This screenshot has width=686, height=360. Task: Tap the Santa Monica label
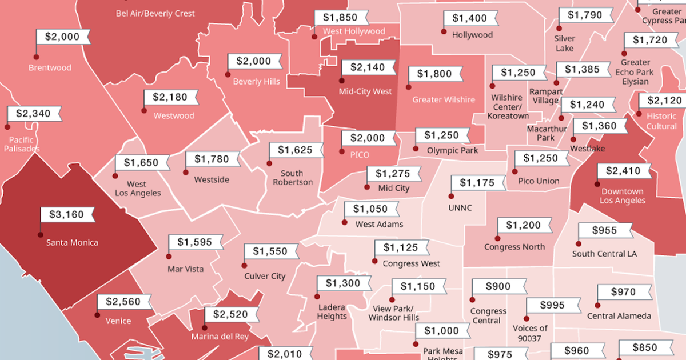(x=72, y=242)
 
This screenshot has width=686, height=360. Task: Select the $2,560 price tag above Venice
(x=123, y=302)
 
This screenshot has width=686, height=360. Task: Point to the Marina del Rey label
(x=220, y=337)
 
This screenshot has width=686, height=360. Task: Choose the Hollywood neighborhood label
(x=472, y=35)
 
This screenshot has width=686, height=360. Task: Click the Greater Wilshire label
(x=444, y=99)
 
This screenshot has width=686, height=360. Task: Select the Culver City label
(x=265, y=277)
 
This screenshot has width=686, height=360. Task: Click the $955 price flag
(x=604, y=230)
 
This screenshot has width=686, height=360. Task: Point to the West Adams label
(x=379, y=225)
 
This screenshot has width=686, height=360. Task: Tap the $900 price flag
(x=498, y=286)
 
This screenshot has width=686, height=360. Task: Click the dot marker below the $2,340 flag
(x=7, y=127)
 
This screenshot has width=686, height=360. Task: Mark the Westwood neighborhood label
(x=174, y=115)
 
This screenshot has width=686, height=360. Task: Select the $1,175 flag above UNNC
(x=477, y=183)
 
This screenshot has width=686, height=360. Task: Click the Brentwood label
(x=50, y=67)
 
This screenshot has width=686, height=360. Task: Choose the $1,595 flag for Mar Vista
(x=194, y=242)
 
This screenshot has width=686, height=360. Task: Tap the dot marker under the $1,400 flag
(x=443, y=32)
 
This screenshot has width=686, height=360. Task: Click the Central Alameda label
(x=619, y=316)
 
